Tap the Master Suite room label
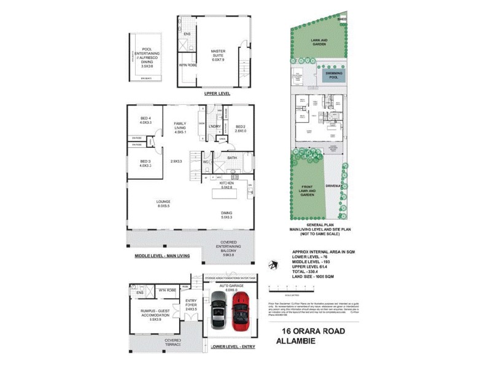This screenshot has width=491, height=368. [219, 55]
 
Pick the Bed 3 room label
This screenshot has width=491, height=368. [145, 163]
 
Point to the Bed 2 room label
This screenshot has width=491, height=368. [239, 129]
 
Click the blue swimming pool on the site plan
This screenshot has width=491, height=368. [334, 75]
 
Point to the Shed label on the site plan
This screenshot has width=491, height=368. [342, 19]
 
